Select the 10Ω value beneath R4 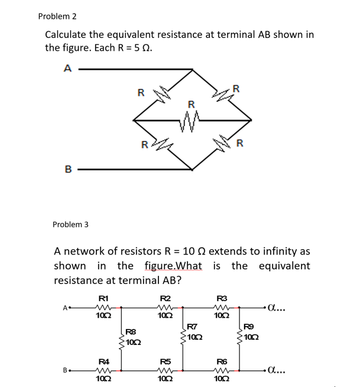(x=103, y=380)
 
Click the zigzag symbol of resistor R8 (x=122, y=339)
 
